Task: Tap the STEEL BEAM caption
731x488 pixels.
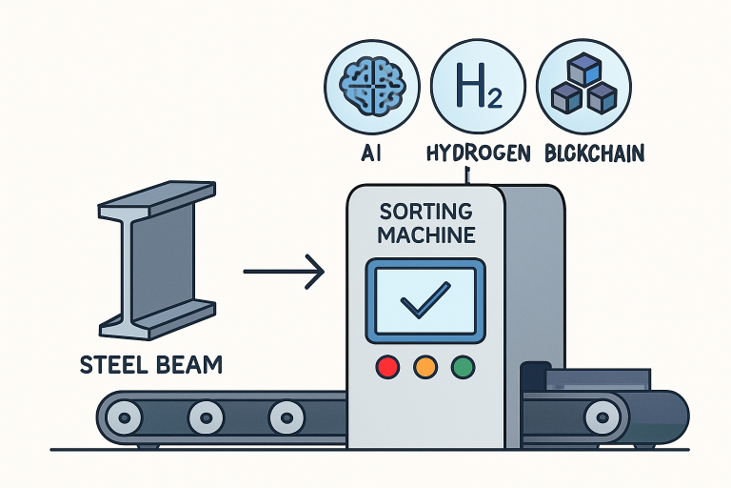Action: click(x=151, y=364)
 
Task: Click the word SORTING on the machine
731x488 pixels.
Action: click(x=425, y=210)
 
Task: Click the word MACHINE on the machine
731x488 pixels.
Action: click(x=425, y=234)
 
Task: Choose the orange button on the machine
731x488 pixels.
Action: click(x=425, y=366)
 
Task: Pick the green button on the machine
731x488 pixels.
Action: click(x=464, y=366)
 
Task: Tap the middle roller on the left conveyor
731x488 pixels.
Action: click(x=204, y=417)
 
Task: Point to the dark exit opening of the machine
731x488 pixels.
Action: click(x=534, y=377)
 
